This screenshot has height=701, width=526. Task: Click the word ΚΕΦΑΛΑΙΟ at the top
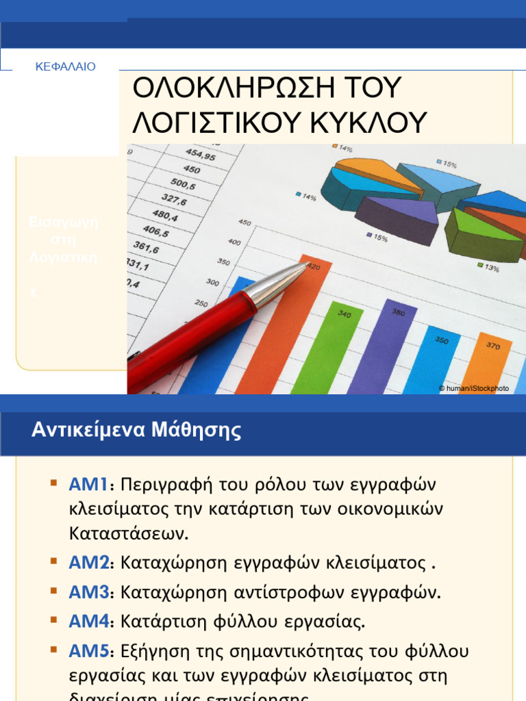click(x=65, y=67)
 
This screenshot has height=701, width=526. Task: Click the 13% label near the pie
click(x=492, y=269)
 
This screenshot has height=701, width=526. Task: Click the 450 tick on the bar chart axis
click(x=245, y=222)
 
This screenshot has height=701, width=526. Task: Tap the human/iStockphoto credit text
click(x=474, y=388)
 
